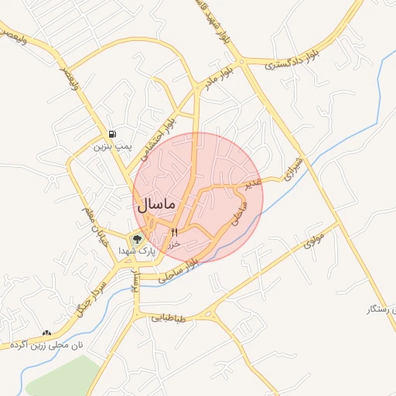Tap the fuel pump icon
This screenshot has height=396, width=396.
[x=113, y=134]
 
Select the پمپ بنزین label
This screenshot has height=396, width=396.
[x=114, y=145]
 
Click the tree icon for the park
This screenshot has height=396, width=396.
[x=138, y=239]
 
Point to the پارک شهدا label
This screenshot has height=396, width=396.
[x=138, y=251]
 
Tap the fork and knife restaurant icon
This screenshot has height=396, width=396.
[x=174, y=232]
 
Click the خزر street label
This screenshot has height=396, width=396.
[x=174, y=244]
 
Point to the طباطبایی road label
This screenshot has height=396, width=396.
[x=169, y=317]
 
